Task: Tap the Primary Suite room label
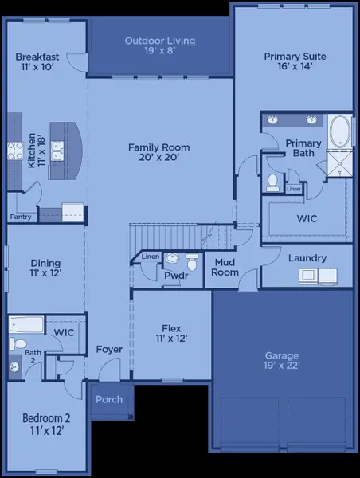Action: click(292, 62)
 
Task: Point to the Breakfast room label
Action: click(38, 62)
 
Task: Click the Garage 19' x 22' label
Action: click(283, 361)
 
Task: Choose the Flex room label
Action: click(171, 333)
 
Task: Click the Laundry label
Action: click(307, 258)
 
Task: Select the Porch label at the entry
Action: click(109, 399)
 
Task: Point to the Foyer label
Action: click(109, 350)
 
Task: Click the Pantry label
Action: click(20, 217)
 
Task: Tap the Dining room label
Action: click(45, 267)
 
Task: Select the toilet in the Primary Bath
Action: click(272, 182)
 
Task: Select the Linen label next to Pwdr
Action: click(150, 257)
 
